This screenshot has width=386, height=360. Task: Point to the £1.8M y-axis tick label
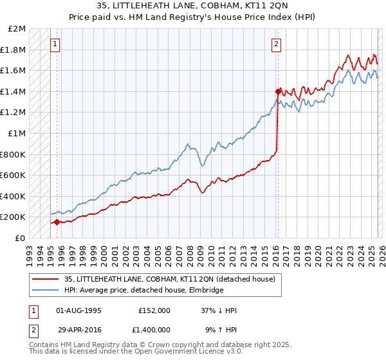14,50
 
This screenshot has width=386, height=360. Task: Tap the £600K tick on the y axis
13,175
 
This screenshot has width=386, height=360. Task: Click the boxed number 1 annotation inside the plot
56,44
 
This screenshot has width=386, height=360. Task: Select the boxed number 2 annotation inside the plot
276,44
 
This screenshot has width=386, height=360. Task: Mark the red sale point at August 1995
57,222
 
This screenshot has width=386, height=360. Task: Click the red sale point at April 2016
277,91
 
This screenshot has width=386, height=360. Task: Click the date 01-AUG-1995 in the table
78,310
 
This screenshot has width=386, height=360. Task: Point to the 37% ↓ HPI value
219,310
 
